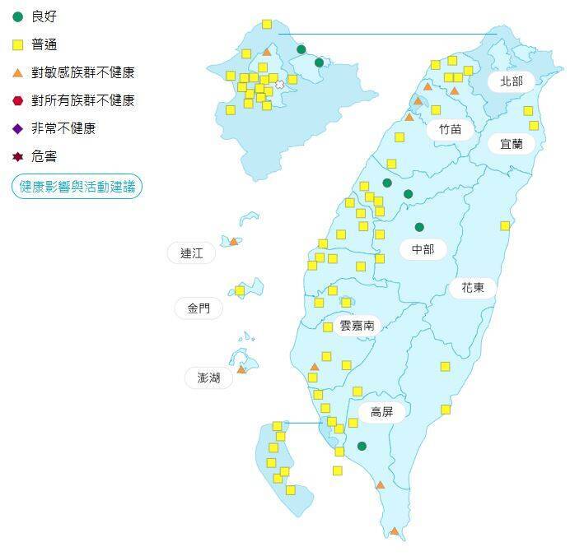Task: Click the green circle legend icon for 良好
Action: click(x=18, y=16)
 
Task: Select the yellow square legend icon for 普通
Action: click(x=18, y=44)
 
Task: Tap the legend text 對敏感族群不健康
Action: click(x=82, y=72)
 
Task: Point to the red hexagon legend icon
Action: click(x=18, y=100)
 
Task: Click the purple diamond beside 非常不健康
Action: click(x=18, y=128)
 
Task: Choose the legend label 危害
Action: click(x=44, y=156)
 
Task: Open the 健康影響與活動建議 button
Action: click(x=77, y=187)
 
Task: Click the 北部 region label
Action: click(x=511, y=81)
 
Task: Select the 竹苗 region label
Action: click(x=451, y=128)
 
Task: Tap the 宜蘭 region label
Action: click(x=511, y=144)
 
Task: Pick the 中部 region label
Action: click(x=423, y=248)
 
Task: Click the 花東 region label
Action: click(x=473, y=288)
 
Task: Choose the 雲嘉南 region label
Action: click(x=357, y=325)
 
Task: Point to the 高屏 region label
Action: click(x=382, y=412)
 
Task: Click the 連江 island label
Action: click(x=191, y=253)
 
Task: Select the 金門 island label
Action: click(x=199, y=309)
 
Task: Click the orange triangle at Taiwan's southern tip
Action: click(x=395, y=531)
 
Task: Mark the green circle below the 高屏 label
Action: click(x=362, y=447)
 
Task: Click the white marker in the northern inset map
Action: click(x=279, y=84)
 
